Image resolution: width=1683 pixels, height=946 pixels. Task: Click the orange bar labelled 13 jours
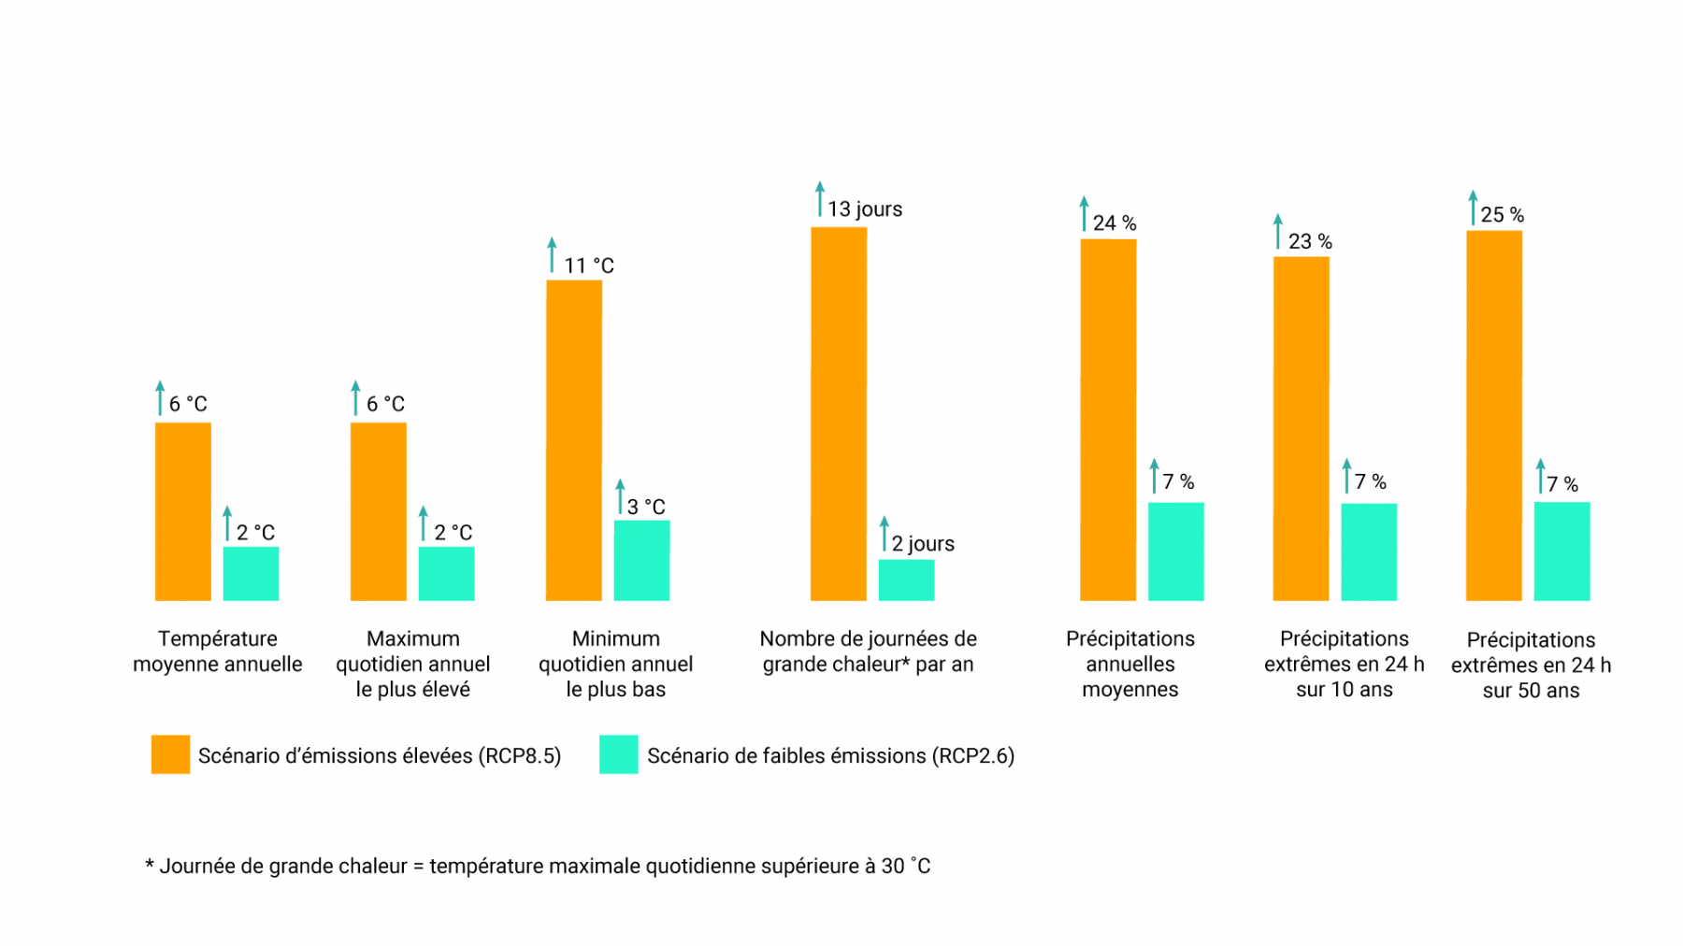838,413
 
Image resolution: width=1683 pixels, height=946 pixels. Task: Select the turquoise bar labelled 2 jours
906,580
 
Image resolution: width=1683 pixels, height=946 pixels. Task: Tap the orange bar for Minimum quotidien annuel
573,439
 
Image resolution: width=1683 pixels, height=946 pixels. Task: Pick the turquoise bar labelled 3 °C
641,560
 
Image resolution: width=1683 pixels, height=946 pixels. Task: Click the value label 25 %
1502,215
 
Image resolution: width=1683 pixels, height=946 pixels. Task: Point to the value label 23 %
1309,242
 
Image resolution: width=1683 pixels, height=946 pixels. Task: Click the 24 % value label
1115,223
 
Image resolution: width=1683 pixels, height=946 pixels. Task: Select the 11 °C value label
588,265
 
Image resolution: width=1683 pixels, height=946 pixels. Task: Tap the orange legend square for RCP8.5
170,754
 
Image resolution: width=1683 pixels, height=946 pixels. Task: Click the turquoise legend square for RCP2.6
618,754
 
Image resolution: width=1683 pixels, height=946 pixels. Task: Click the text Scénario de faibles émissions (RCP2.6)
830,755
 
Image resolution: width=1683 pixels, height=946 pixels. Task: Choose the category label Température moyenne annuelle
217,652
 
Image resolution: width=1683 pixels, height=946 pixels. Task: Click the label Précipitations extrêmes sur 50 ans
1531,665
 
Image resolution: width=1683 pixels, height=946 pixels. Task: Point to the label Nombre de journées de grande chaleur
868,652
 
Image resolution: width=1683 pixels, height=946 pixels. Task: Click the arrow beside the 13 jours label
820,199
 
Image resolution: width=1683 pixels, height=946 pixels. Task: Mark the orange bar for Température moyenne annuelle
182,511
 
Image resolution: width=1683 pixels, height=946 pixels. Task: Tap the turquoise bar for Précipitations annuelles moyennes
1175,552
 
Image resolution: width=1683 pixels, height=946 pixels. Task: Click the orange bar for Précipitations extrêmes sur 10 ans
1301,428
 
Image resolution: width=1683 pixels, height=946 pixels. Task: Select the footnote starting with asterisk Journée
538,866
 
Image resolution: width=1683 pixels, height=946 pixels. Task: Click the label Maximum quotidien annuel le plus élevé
412,664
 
